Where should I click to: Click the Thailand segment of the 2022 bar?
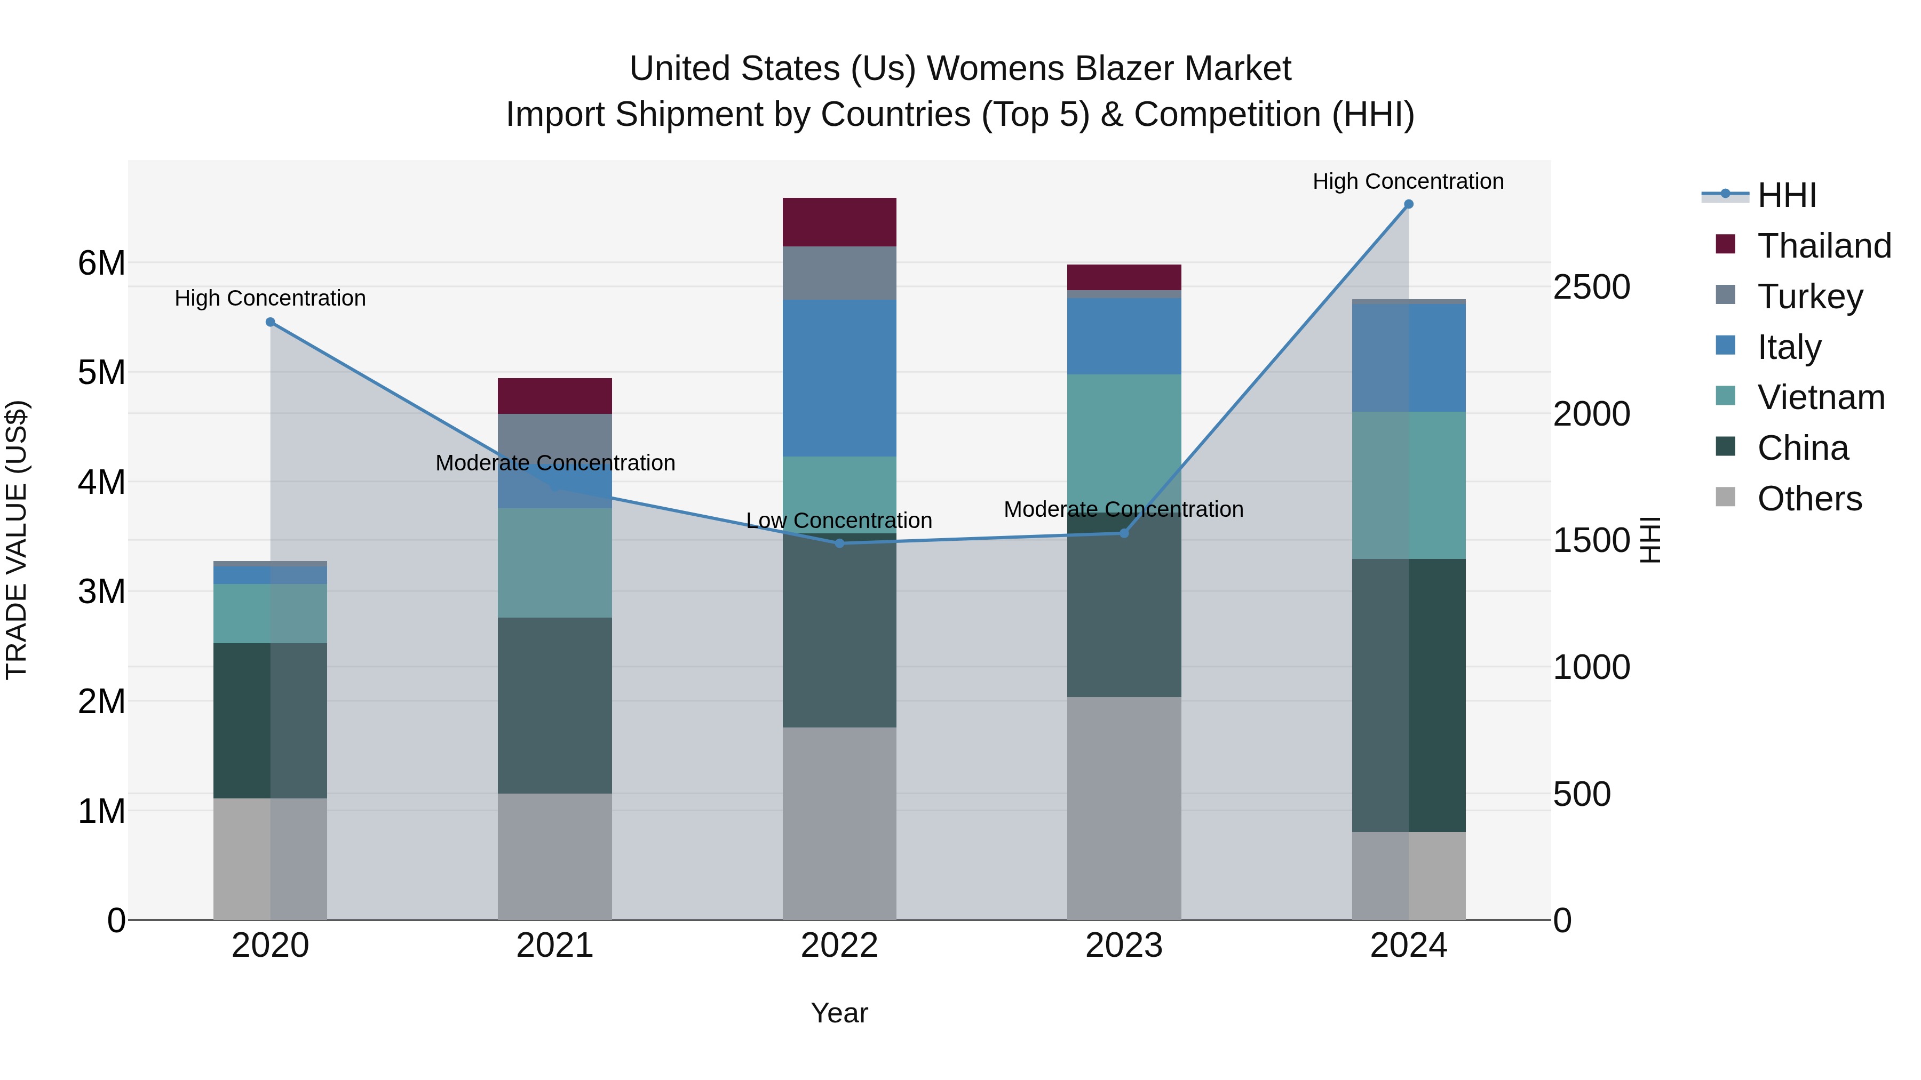pos(839,222)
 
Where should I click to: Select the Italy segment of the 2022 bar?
pos(839,378)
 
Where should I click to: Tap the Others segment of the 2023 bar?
pos(1124,808)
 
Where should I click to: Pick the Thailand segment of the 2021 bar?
pos(555,396)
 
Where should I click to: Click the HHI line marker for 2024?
pos(1409,204)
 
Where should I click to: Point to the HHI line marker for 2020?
pos(271,322)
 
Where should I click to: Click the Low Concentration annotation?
pos(839,520)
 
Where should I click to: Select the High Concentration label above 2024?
pos(1408,181)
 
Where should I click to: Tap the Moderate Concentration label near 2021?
pos(555,463)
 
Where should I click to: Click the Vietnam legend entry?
pos(1820,397)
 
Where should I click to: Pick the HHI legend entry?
pos(1787,195)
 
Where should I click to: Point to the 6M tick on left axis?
pos(101,263)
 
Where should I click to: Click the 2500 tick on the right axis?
pos(1591,287)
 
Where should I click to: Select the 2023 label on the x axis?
pos(1124,946)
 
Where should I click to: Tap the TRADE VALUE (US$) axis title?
pos(17,540)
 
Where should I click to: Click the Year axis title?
pos(839,1013)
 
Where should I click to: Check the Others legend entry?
pos(1809,499)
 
